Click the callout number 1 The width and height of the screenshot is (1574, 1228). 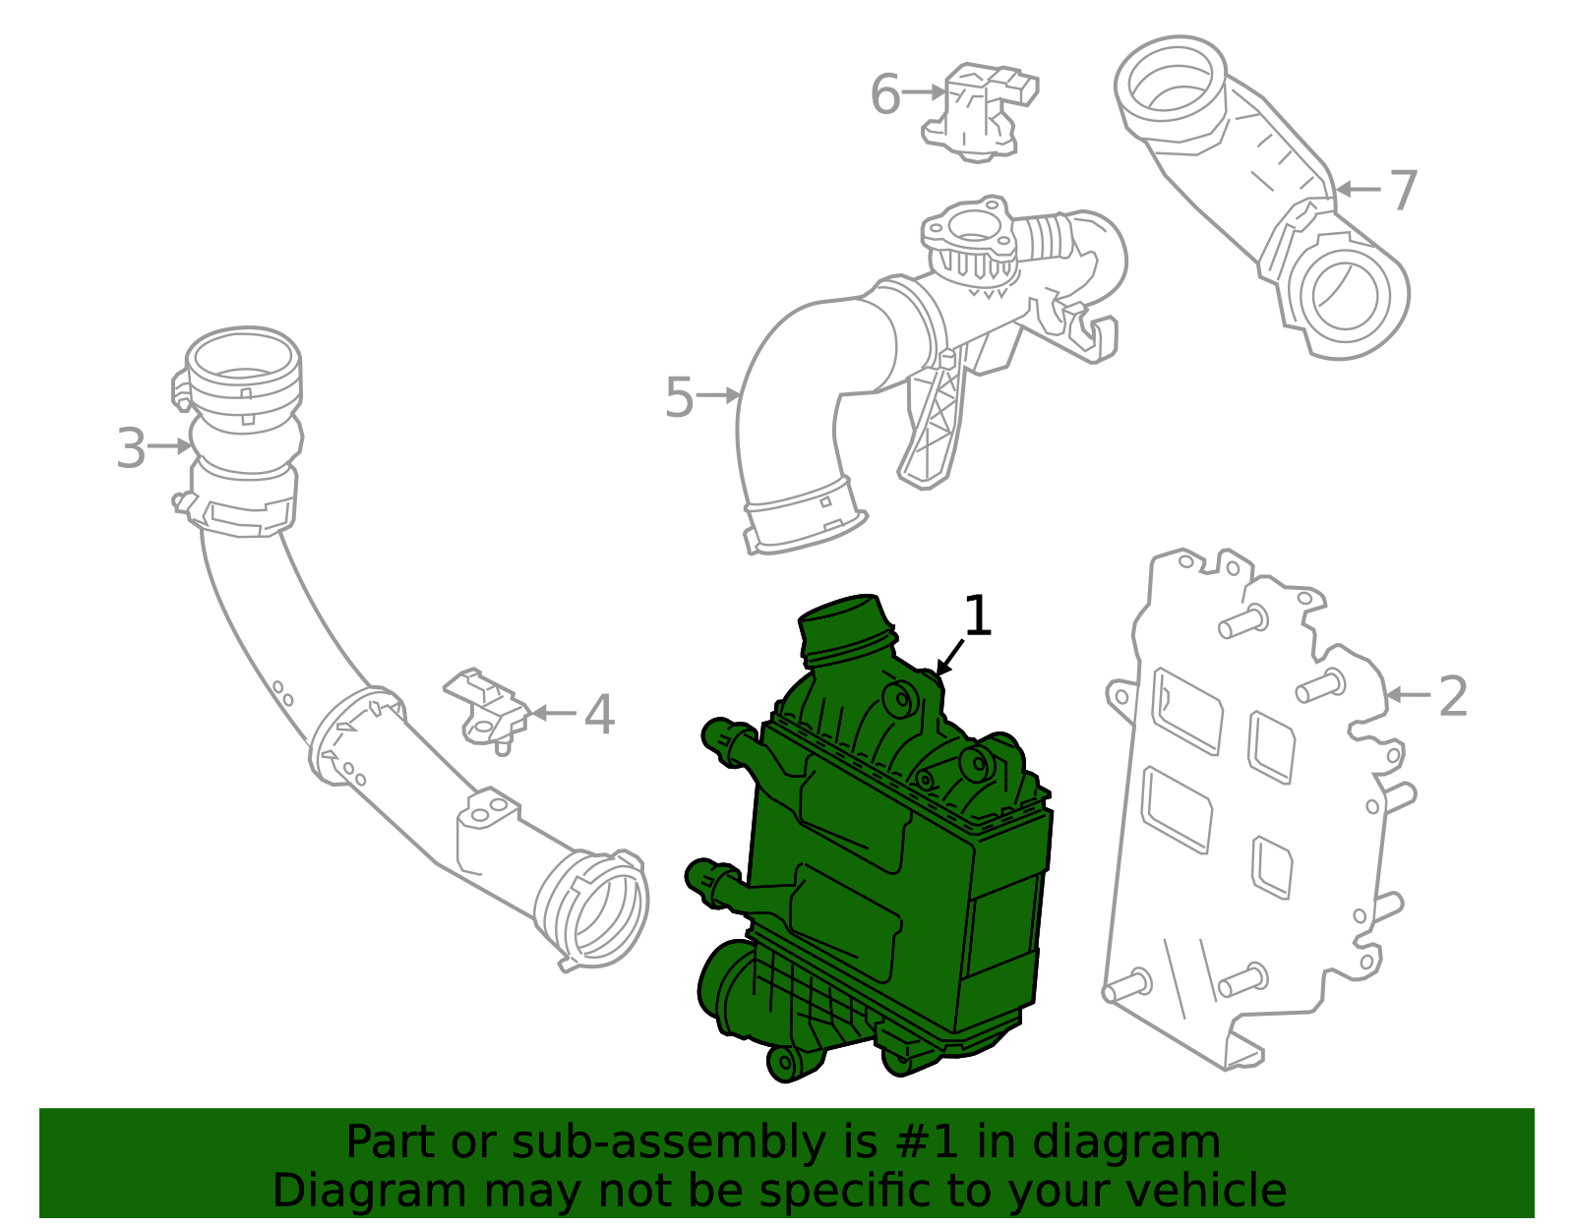[977, 616]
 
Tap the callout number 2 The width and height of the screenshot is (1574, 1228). [1453, 696]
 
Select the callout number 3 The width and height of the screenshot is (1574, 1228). [131, 448]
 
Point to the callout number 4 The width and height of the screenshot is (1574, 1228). [598, 715]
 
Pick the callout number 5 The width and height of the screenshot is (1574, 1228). [679, 397]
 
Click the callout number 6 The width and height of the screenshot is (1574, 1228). [885, 95]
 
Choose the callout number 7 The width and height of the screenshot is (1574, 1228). [1402, 191]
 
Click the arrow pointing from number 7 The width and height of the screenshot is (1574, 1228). [1358, 189]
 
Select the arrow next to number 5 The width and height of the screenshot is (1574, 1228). [718, 395]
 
